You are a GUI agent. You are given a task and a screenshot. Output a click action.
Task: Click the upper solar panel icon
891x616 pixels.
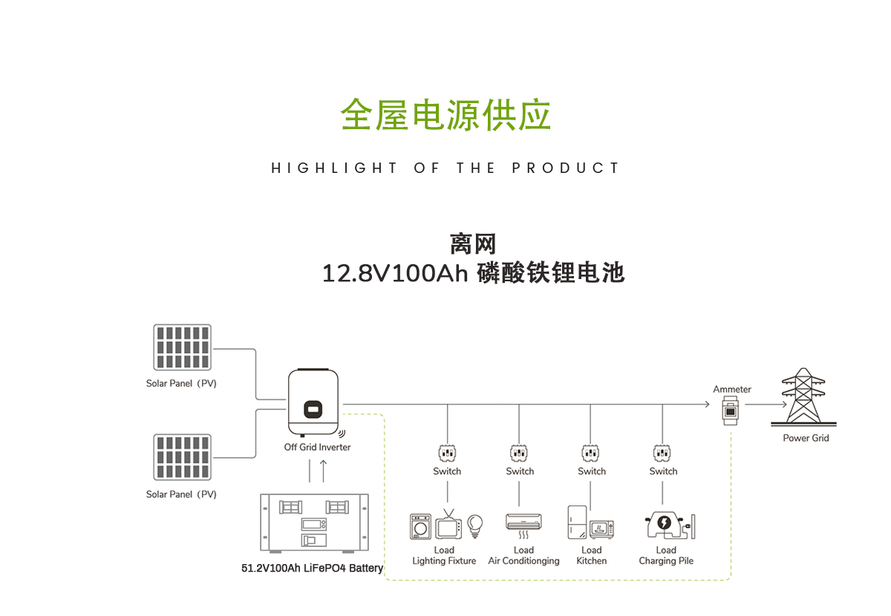pyautogui.click(x=182, y=347)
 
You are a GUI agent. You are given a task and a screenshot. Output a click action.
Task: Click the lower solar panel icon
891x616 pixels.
pyautogui.click(x=182, y=457)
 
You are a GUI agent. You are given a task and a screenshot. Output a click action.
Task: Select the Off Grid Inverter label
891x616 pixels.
pyautogui.click(x=317, y=447)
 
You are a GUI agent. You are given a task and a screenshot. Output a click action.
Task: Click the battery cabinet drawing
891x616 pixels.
pyautogui.click(x=315, y=522)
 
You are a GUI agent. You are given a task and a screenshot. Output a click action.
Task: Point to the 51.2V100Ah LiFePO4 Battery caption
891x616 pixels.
pyautogui.click(x=313, y=569)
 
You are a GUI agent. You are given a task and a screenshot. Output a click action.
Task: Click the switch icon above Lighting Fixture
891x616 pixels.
pyautogui.click(x=447, y=452)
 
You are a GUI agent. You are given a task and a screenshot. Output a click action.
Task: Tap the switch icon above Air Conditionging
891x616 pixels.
pyautogui.click(x=519, y=452)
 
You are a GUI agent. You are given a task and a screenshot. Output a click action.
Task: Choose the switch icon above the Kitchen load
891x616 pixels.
pyautogui.click(x=591, y=452)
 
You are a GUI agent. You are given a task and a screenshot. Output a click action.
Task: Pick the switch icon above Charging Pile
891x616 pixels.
pyautogui.click(x=662, y=452)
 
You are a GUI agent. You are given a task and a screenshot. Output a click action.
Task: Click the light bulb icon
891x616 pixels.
pyautogui.click(x=474, y=525)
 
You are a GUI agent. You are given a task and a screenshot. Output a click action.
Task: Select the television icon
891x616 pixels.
pyautogui.click(x=448, y=525)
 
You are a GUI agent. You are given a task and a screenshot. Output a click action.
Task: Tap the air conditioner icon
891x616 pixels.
pyautogui.click(x=523, y=522)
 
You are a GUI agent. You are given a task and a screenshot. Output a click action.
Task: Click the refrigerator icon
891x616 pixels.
pyautogui.click(x=577, y=522)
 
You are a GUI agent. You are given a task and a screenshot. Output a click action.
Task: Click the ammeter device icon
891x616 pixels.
pyautogui.click(x=731, y=409)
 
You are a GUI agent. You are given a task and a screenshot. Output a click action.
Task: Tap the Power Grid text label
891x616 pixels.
pyautogui.click(x=806, y=438)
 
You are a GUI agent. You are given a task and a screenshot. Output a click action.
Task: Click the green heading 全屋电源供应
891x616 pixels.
pyautogui.click(x=446, y=115)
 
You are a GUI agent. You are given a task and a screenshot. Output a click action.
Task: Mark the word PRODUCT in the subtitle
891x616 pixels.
pyautogui.click(x=565, y=168)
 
